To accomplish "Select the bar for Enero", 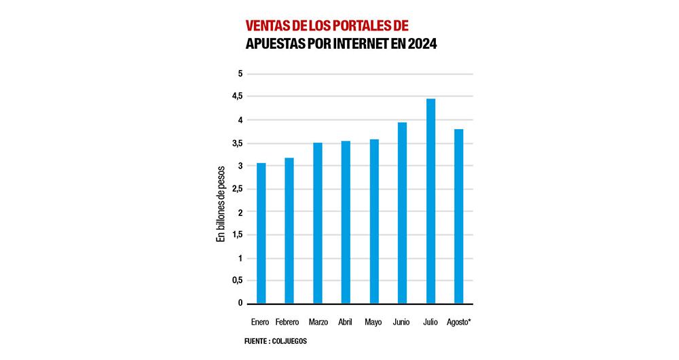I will point(261,233).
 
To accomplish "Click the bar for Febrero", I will point(289,230).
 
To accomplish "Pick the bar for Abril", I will point(346,222).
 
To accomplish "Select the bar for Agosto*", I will point(459,216).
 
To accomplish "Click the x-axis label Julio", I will point(430,321).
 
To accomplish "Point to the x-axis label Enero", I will point(260,321).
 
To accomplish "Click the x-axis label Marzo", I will point(318,321).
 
